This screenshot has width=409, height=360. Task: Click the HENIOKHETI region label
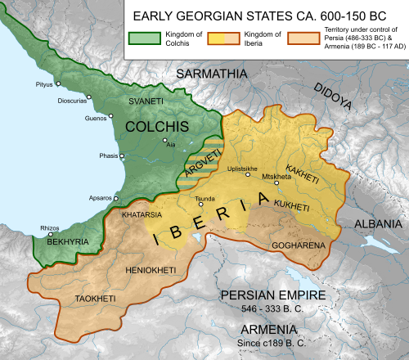(153, 268)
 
